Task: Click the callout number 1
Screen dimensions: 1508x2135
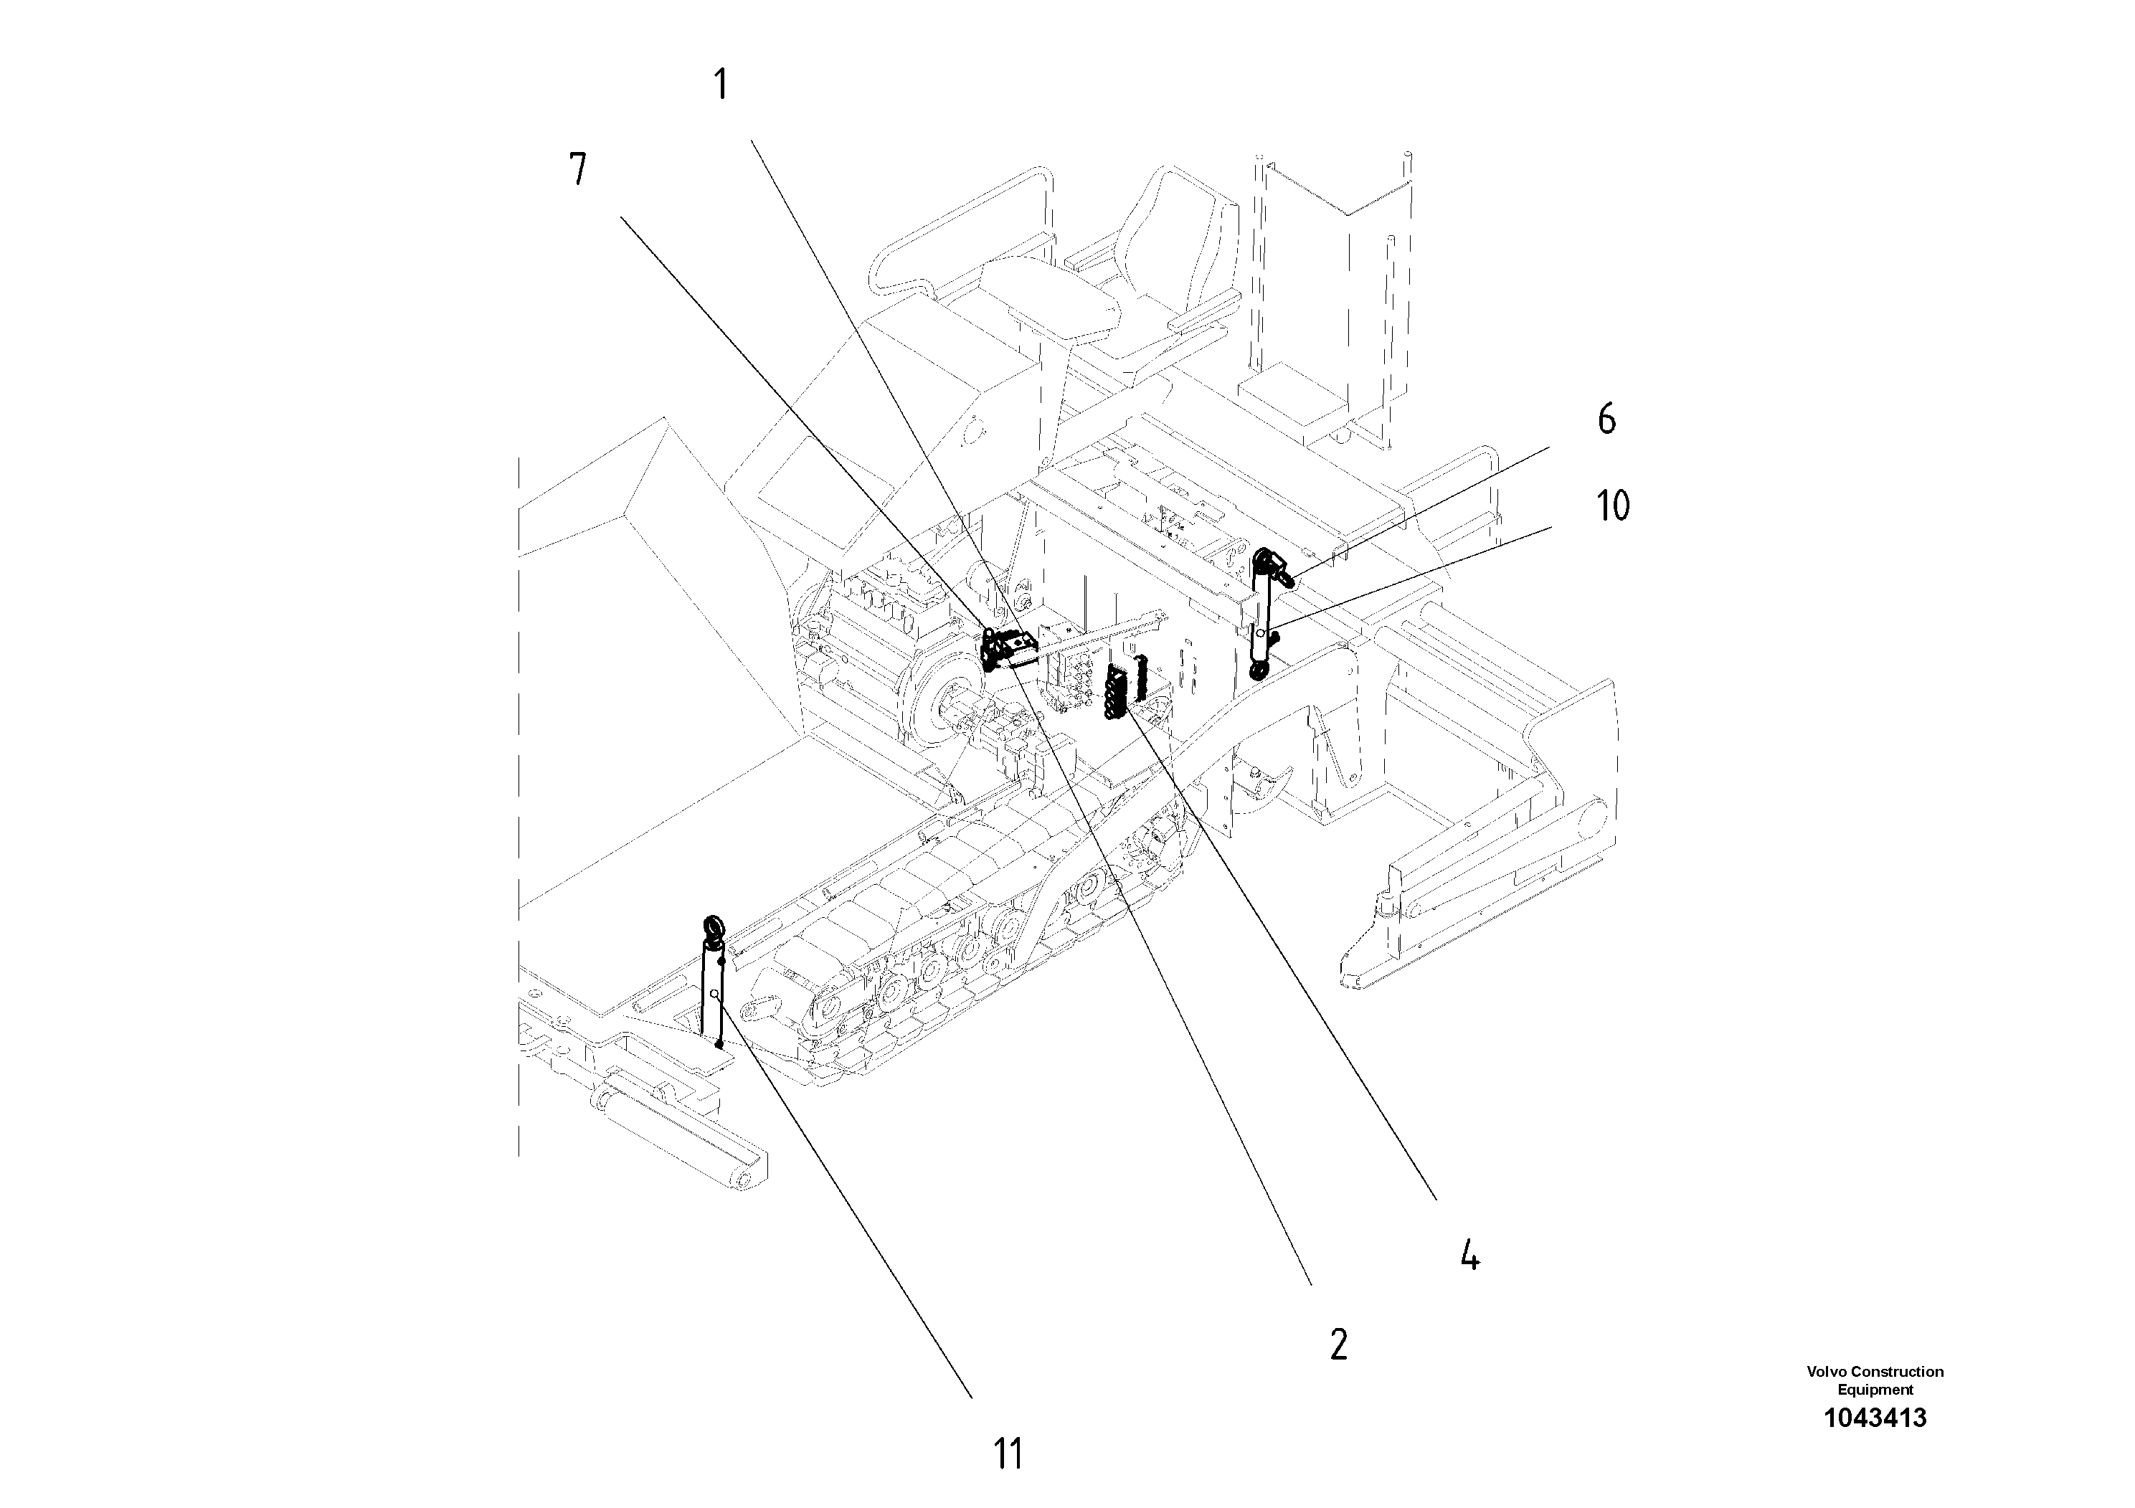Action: pos(720,85)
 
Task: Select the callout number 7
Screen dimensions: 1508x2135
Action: pos(577,170)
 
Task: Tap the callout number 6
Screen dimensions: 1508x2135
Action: pos(1606,419)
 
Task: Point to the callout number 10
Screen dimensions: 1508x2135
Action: pos(1612,507)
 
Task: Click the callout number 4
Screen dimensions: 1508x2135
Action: pos(1469,1257)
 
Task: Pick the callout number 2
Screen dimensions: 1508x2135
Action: pos(1338,1344)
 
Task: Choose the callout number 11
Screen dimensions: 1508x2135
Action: pos(1008,1454)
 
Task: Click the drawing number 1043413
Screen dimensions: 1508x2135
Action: pos(1875,1418)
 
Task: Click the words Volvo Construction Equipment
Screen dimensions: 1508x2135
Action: pos(1875,1380)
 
